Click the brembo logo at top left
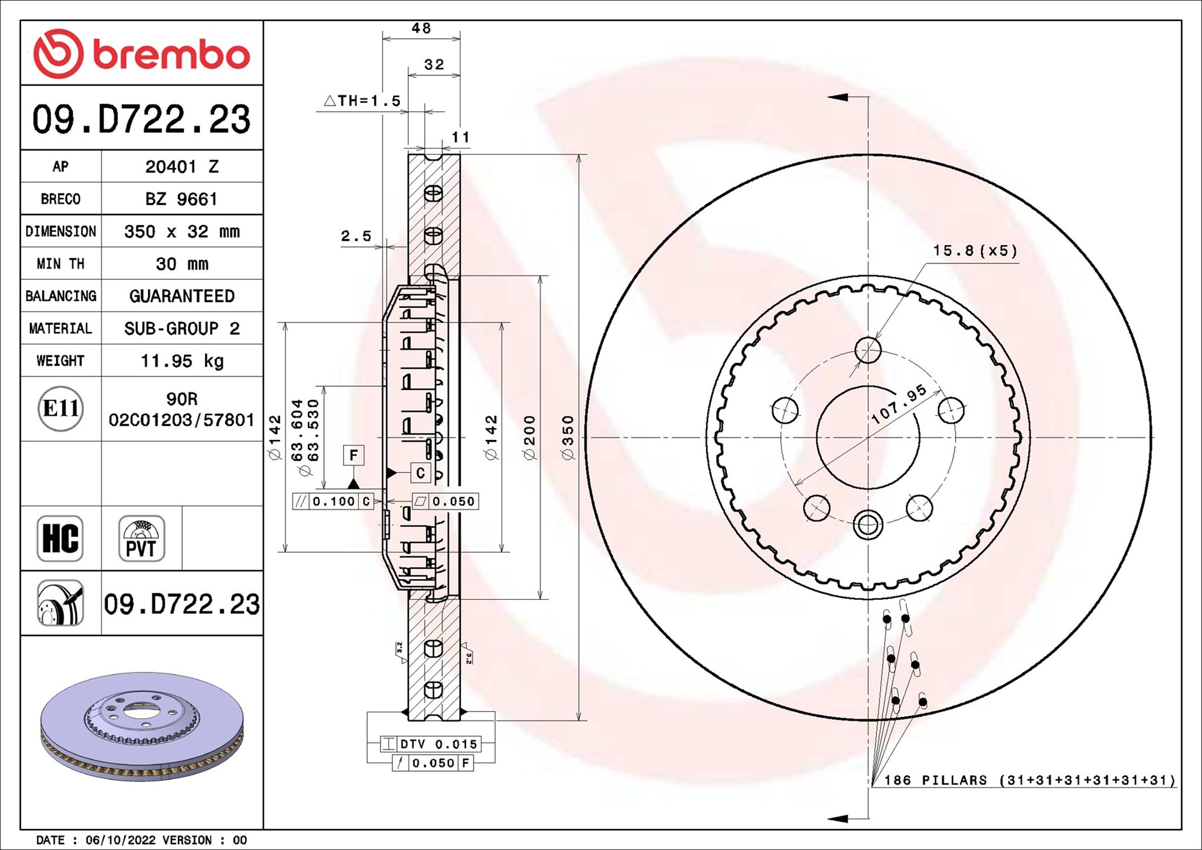pyautogui.click(x=141, y=54)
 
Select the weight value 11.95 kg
pyautogui.click(x=182, y=361)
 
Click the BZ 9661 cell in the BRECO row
pyautogui.click(x=182, y=199)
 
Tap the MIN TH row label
pyautogui.click(x=60, y=264)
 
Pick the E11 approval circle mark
pyautogui.click(x=60, y=408)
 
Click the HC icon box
pyautogui.click(x=60, y=538)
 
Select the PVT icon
pyautogui.click(x=141, y=538)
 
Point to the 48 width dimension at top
pyautogui.click(x=421, y=29)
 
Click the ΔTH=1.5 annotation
pyautogui.click(x=363, y=101)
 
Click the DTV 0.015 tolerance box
pyautogui.click(x=438, y=744)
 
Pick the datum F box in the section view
pyautogui.click(x=354, y=455)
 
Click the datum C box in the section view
pyautogui.click(x=420, y=473)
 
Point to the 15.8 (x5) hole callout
pyautogui.click(x=975, y=251)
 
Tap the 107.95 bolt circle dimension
pyautogui.click(x=898, y=404)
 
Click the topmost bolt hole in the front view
pyautogui.click(x=868, y=350)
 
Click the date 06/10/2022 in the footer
pyautogui.click(x=120, y=840)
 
